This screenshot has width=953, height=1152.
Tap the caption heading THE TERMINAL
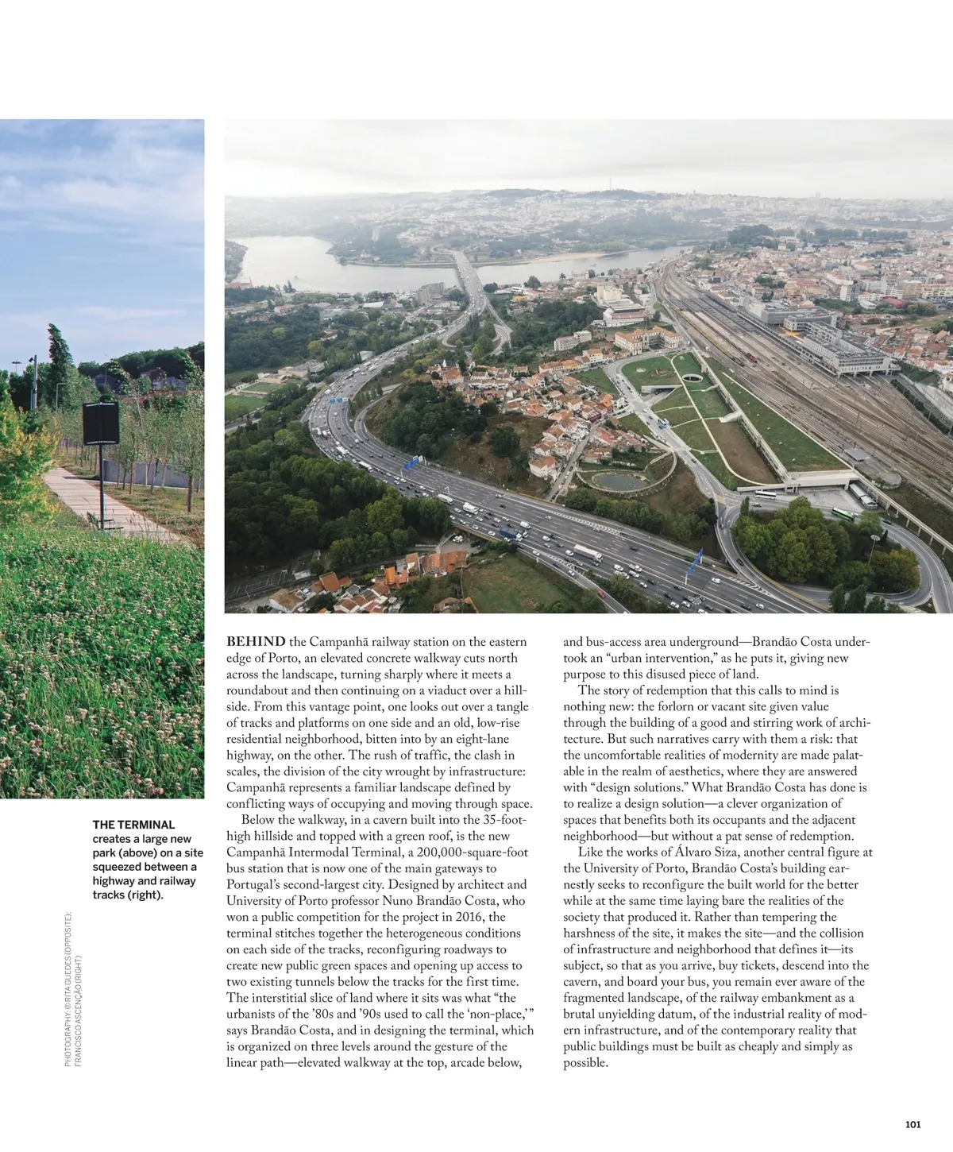pyautogui.click(x=133, y=825)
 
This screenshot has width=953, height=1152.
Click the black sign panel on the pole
pyautogui.click(x=101, y=424)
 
